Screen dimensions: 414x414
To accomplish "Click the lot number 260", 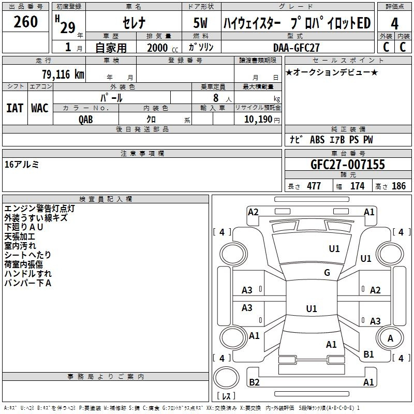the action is click(25, 22).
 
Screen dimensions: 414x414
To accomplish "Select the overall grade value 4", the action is click(394, 24).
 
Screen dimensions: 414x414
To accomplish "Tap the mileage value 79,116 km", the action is click(63, 75).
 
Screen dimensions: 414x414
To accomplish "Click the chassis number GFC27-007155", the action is click(348, 164).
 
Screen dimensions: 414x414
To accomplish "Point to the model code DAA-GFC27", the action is click(296, 48).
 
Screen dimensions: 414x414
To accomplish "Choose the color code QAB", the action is click(85, 120).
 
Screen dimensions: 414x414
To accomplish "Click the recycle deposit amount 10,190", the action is click(258, 120).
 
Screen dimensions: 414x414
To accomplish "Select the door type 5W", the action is click(200, 23).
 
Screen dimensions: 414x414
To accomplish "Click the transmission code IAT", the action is click(15, 108).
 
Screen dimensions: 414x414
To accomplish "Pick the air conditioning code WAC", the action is click(40, 108).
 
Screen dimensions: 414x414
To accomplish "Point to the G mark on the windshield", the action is click(327, 273).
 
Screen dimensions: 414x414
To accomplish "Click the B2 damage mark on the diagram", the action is click(254, 382).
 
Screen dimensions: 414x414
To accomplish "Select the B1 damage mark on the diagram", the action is click(368, 354).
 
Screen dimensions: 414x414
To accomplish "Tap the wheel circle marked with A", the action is click(390, 338).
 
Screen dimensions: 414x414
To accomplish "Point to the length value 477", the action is click(314, 186).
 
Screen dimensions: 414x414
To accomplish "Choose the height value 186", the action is click(398, 186).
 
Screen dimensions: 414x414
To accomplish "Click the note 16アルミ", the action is click(22, 165).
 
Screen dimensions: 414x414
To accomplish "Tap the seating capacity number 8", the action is click(216, 98).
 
